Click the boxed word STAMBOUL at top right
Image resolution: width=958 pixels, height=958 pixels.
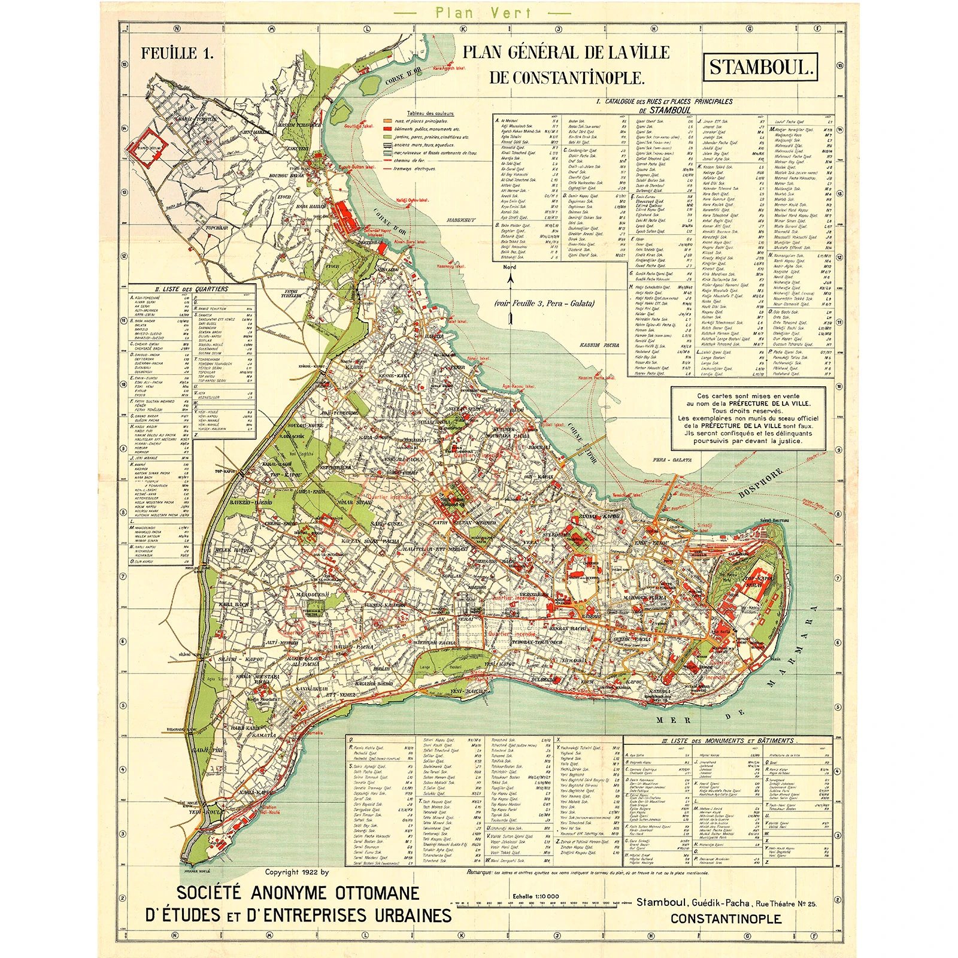(x=760, y=67)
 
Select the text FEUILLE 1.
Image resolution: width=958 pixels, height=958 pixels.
(x=177, y=53)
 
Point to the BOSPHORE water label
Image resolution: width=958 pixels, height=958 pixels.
(x=761, y=483)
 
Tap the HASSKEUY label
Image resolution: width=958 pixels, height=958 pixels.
(x=460, y=220)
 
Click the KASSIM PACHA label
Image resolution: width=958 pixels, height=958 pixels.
(x=599, y=345)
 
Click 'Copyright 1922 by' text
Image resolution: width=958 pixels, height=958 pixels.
(x=297, y=872)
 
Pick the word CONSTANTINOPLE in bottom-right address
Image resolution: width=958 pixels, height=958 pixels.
(x=725, y=919)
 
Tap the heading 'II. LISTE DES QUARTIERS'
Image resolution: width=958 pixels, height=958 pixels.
(x=192, y=289)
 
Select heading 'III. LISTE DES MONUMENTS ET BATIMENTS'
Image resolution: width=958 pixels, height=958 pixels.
(x=727, y=741)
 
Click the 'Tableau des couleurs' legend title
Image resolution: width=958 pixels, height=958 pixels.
(x=430, y=113)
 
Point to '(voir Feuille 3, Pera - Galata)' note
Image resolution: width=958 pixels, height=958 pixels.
(x=544, y=304)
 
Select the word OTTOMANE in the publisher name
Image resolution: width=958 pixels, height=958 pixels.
(x=377, y=893)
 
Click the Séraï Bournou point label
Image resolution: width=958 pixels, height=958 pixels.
(x=774, y=520)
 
